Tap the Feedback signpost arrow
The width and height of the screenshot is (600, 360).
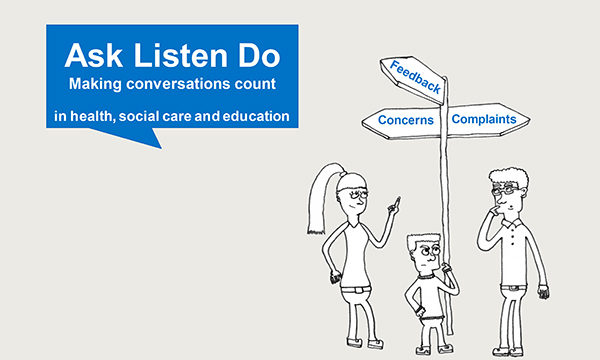[414, 78]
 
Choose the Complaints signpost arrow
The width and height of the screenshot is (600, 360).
[485, 120]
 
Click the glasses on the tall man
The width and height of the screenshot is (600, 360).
[508, 188]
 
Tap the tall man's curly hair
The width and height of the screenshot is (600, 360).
[506, 174]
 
